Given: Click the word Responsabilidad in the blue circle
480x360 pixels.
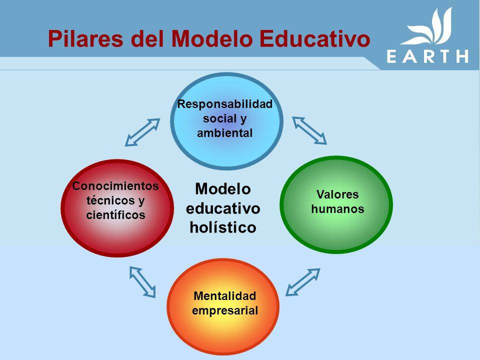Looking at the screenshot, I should tap(225, 104).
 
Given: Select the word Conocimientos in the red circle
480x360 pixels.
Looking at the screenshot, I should tap(115, 186).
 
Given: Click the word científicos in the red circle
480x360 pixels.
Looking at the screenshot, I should tap(115, 215).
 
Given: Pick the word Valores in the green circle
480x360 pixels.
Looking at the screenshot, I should tap(337, 194).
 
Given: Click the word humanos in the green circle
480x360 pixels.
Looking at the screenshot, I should tap(337, 209).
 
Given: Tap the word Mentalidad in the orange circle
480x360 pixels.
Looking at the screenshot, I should tap(224, 296).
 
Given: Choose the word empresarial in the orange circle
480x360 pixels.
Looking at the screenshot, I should tap(225, 310).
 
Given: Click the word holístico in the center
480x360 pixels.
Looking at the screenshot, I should tap(222, 227).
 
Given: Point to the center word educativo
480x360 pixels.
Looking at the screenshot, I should tap(222, 208).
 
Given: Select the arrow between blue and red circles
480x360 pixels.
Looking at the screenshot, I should tap(142, 132).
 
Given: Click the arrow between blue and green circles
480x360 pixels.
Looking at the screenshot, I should tap(309, 130).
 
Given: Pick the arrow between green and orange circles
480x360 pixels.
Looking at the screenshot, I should tap(303, 282).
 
